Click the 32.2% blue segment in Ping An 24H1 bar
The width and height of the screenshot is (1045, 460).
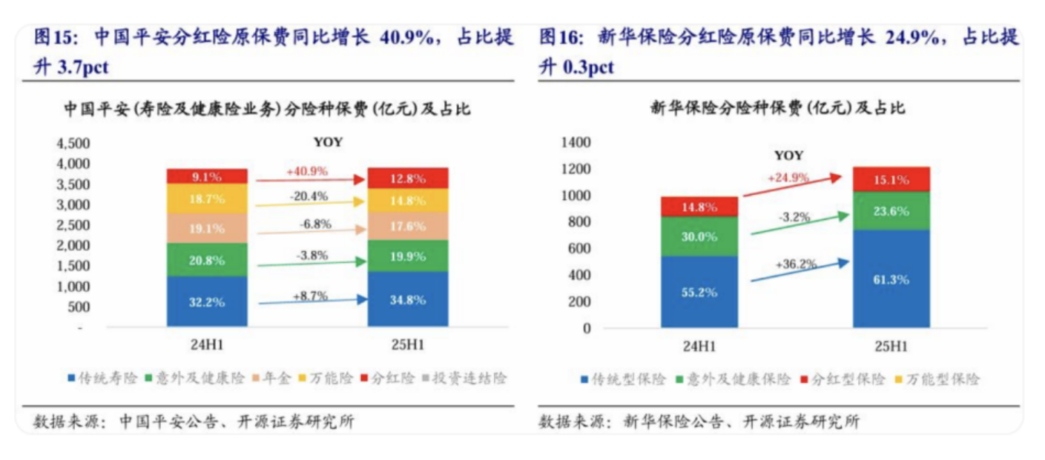(206, 301)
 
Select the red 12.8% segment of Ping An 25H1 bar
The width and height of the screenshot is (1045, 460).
(408, 178)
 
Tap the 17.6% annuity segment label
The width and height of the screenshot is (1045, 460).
(408, 227)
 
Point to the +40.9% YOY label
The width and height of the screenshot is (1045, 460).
(307, 171)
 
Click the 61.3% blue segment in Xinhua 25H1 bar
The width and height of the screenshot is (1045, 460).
(891, 280)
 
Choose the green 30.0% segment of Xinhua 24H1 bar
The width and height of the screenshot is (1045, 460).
(699, 236)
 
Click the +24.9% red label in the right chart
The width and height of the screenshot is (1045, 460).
(788, 178)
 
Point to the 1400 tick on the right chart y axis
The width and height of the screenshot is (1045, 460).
(576, 142)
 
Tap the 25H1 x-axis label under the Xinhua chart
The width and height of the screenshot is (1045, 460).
(891, 347)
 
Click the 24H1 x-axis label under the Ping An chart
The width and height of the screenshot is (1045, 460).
(206, 345)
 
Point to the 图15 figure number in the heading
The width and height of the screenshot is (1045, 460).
(53, 38)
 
